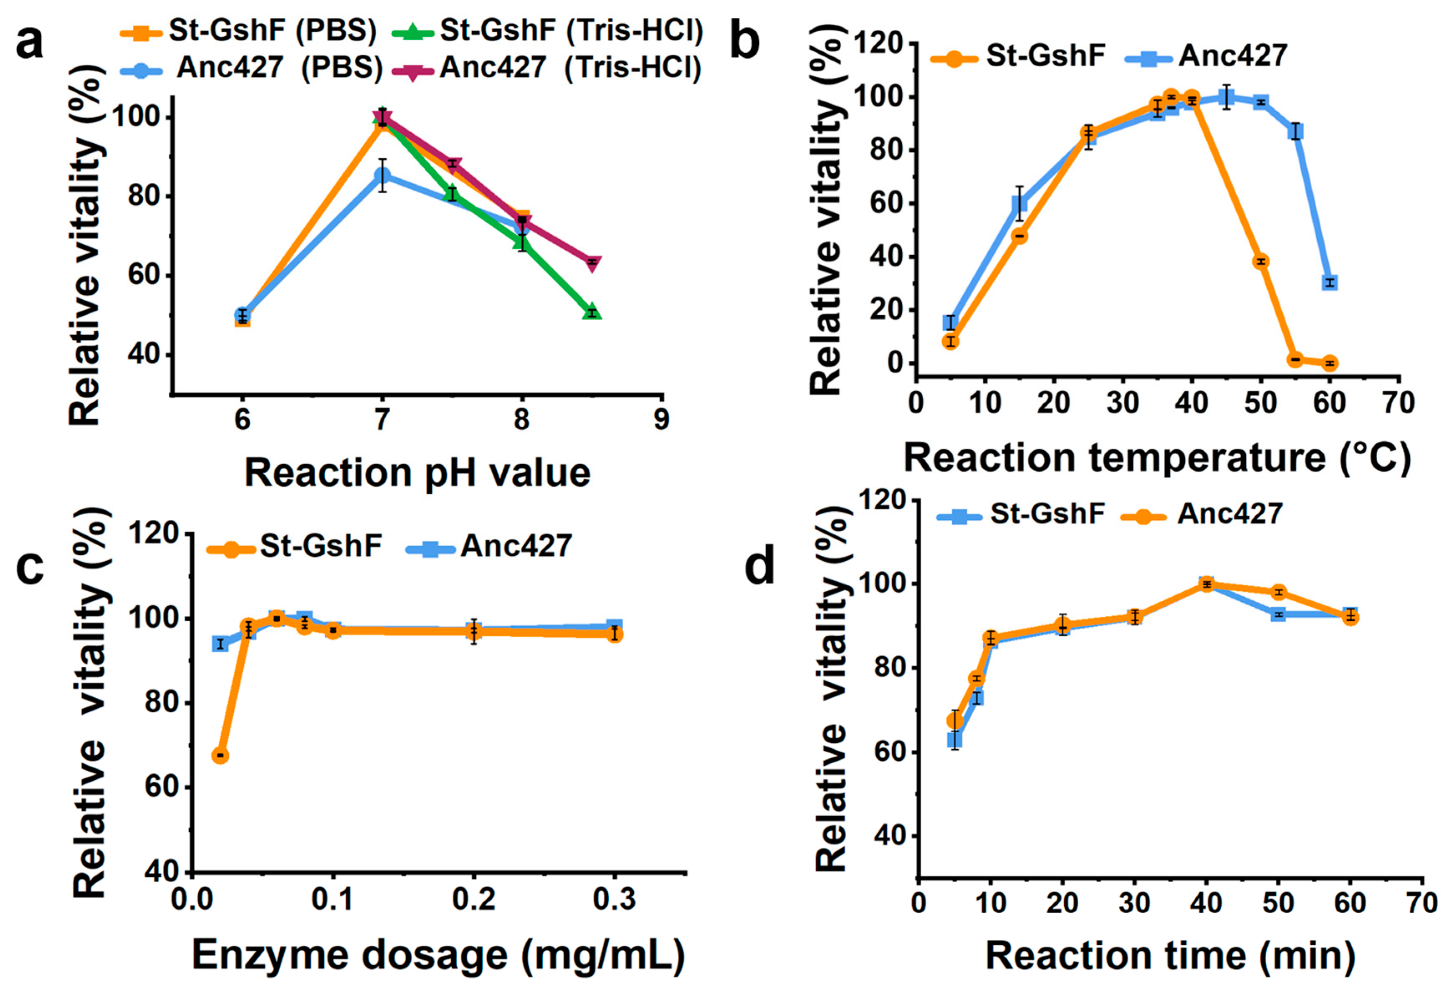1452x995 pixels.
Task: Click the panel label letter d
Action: [760, 567]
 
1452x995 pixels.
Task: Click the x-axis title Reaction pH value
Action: [417, 473]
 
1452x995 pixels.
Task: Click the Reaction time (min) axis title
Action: [1170, 954]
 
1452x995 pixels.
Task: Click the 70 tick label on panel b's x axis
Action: [1398, 403]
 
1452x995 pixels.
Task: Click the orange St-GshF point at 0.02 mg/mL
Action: [220, 756]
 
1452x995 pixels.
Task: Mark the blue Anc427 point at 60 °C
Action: [1330, 283]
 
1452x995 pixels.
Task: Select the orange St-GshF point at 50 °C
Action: [1261, 261]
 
